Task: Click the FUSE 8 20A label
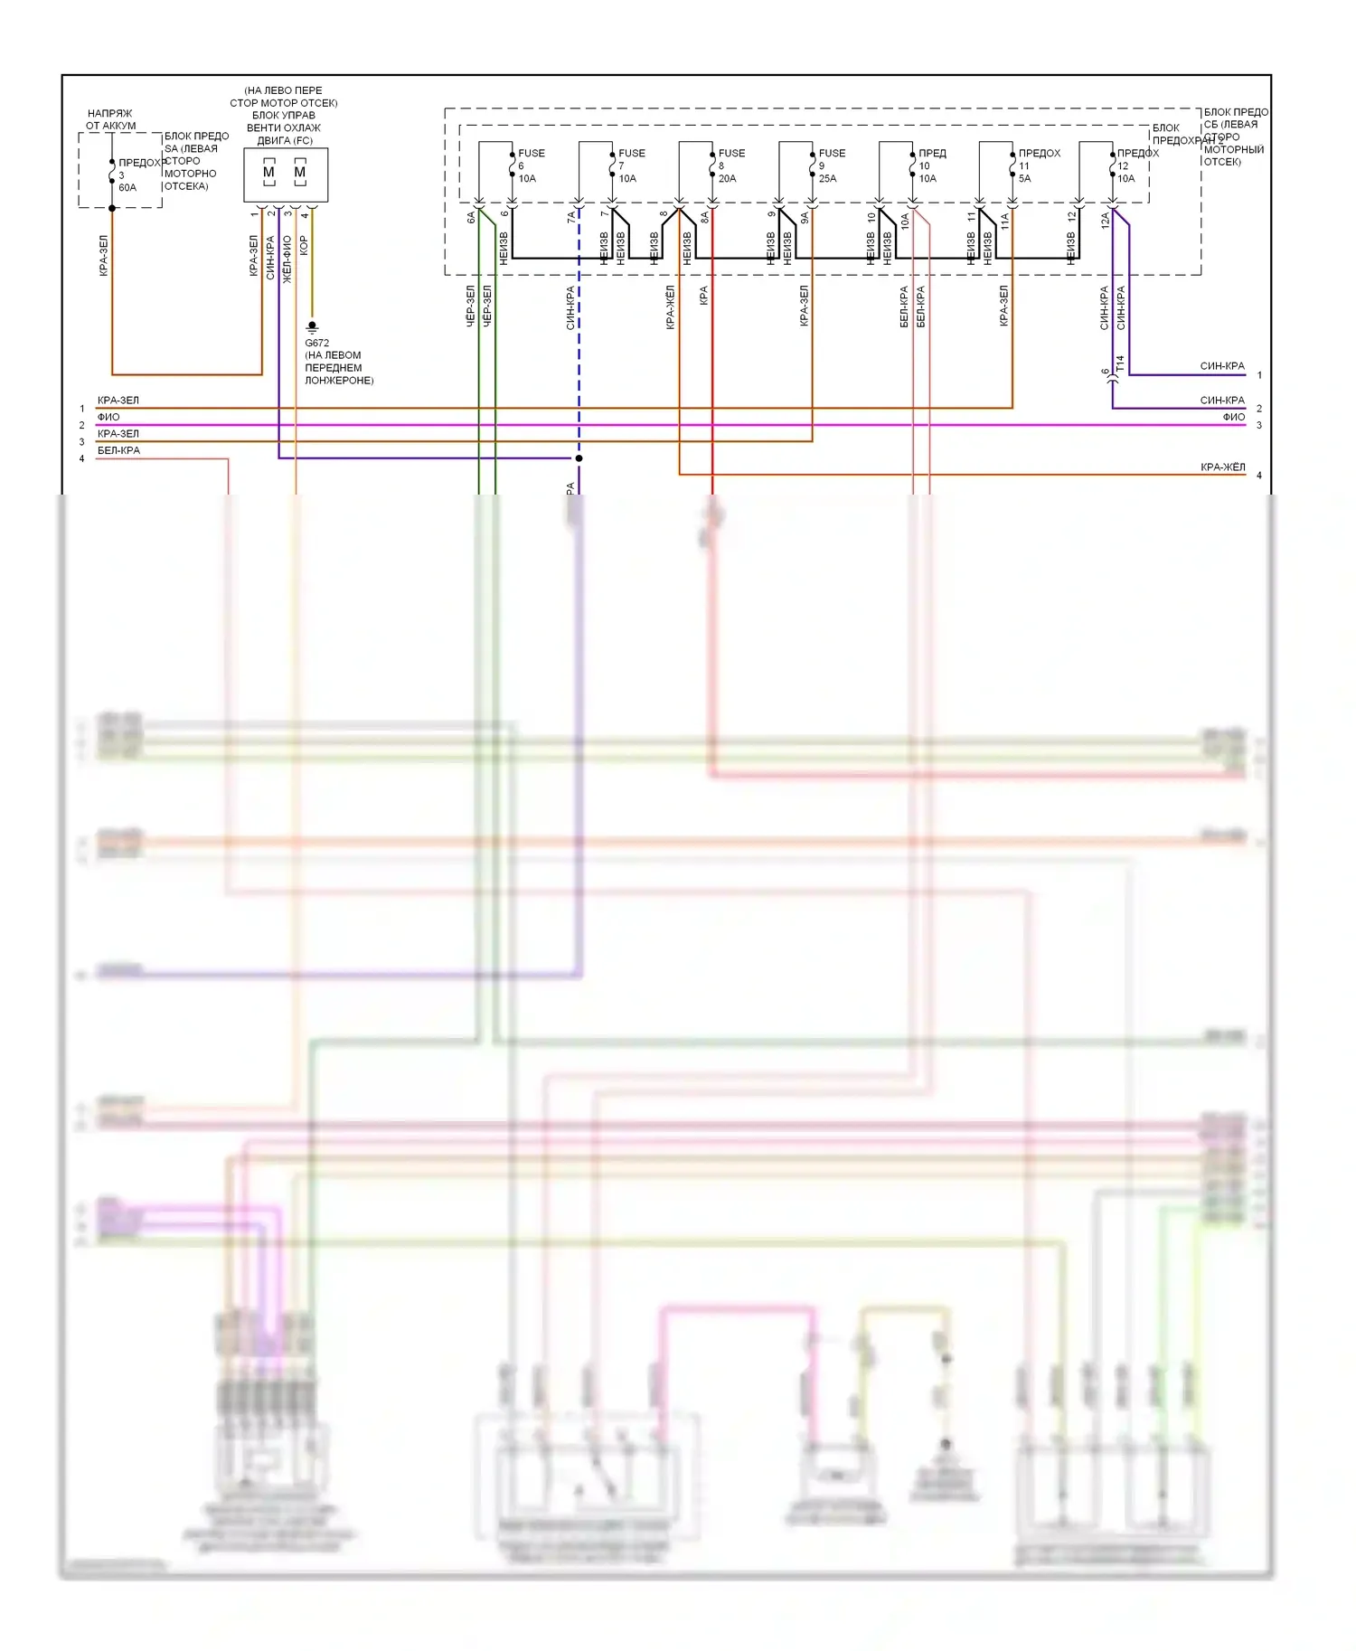pos(730,165)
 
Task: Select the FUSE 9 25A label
pos(830,165)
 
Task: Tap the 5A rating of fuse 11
pos(1024,178)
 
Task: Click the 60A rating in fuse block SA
pos(127,188)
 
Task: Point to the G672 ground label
pos(317,343)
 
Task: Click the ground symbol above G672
pos(312,326)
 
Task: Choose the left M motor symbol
pos(268,172)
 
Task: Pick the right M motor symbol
pos(300,172)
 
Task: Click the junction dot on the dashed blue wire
pos(579,458)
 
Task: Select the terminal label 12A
pos(1105,221)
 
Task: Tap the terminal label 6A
pos(470,218)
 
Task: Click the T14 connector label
pos(1120,363)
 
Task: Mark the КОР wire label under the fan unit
pos(304,246)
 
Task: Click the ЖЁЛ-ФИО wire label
pos(287,259)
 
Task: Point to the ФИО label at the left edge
pos(108,417)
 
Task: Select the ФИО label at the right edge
pos(1233,417)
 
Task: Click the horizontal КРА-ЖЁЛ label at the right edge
pos(1222,467)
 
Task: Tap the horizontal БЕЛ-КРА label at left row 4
pos(118,450)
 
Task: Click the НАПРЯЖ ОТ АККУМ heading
pos(110,119)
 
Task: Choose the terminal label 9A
pos(805,218)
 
